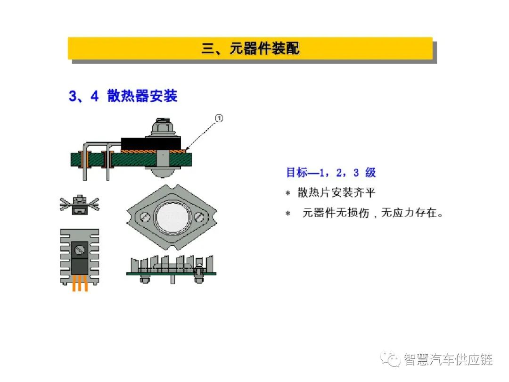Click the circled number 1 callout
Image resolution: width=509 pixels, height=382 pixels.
pyautogui.click(x=219, y=118)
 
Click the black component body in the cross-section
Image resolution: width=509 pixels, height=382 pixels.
pyautogui.click(x=151, y=143)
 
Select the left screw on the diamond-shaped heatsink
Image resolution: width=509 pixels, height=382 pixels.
pyautogui.click(x=145, y=216)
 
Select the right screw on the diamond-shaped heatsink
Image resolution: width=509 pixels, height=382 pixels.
pyautogui.click(x=198, y=216)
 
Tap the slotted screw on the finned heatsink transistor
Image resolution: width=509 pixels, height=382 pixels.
pyautogui.click(x=80, y=250)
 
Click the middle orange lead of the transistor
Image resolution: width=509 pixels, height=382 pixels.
pyautogui.click(x=80, y=283)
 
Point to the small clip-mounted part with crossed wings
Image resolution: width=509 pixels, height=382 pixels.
pyautogui.click(x=80, y=205)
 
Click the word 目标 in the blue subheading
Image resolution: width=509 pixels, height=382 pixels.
pyautogui.click(x=297, y=173)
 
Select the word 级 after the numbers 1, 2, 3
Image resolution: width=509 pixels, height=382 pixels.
pyautogui.click(x=370, y=173)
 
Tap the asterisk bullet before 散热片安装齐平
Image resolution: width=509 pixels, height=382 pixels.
pyautogui.click(x=287, y=193)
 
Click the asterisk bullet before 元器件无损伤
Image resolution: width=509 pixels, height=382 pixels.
pyautogui.click(x=287, y=214)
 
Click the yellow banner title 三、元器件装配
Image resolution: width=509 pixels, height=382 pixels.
pyautogui.click(x=250, y=49)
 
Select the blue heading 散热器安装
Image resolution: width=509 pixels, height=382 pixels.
pyautogui.click(x=142, y=96)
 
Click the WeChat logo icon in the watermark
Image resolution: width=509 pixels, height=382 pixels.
pyautogui.click(x=391, y=359)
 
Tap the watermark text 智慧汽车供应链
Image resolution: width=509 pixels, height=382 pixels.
pyautogui.click(x=448, y=359)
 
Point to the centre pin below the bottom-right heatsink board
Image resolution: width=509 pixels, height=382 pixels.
pyautogui.click(x=172, y=279)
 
